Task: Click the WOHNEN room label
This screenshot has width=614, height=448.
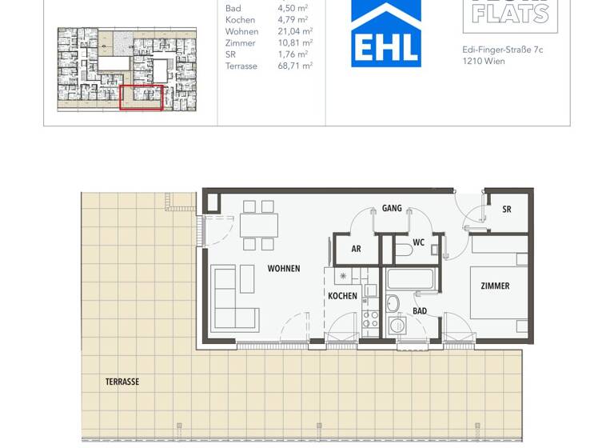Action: [284, 269]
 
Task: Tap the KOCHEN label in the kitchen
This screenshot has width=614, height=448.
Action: [342, 296]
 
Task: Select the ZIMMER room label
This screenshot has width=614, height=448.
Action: [495, 286]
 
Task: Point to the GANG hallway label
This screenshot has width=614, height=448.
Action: [392, 209]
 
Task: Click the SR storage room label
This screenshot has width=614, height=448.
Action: [507, 210]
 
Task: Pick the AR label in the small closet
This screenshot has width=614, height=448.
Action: [356, 249]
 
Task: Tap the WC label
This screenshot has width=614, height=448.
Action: [418, 242]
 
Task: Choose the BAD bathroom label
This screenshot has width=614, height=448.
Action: [420, 311]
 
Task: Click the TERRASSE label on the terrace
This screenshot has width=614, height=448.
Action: [122, 382]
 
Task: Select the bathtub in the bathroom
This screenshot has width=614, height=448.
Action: [410, 280]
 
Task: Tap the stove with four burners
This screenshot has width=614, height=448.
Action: [370, 321]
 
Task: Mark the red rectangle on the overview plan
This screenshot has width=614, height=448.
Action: [142, 97]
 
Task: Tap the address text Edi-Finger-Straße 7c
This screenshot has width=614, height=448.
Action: [503, 50]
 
